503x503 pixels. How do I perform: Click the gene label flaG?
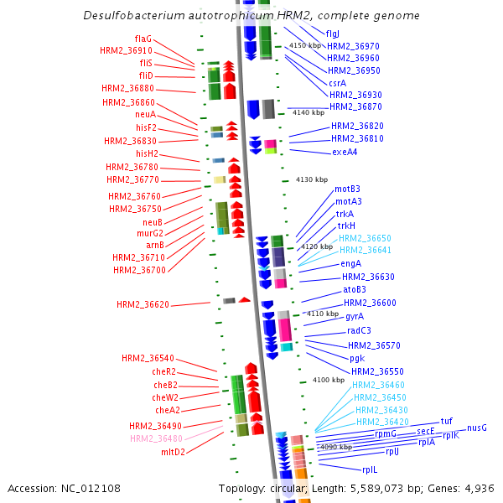143,39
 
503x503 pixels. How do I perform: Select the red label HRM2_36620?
143,304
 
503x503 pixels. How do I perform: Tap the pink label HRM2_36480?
156,438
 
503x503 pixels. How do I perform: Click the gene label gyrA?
355,317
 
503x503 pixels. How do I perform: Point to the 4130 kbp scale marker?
312,179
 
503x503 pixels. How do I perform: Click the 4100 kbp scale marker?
329,380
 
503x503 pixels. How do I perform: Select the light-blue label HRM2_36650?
365,238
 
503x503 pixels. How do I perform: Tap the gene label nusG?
477,428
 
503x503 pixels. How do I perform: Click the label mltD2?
173,452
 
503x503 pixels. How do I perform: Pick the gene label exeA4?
345,152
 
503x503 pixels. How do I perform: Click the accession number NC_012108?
91,489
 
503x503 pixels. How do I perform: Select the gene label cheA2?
168,410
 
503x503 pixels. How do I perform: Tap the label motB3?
347,189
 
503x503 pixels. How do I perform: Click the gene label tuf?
447,421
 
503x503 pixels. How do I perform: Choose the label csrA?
338,83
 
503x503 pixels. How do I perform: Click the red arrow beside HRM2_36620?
245,299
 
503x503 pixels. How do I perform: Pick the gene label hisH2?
147,153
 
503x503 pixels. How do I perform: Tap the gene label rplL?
370,470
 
